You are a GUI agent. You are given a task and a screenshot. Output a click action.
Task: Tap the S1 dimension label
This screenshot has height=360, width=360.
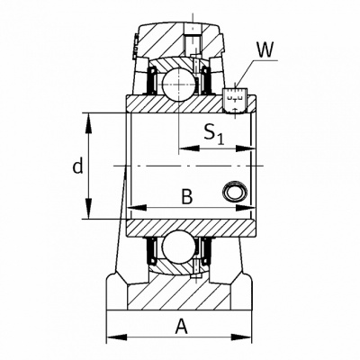213,134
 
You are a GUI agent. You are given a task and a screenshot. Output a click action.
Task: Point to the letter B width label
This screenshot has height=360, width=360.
187,197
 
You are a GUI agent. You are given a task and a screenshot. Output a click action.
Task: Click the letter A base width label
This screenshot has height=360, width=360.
182,327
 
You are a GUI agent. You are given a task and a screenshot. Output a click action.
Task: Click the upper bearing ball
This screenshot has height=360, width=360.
179,85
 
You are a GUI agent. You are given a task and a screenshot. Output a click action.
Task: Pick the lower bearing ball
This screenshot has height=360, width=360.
179,247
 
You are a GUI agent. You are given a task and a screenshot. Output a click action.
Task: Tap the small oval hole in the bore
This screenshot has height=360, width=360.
235,192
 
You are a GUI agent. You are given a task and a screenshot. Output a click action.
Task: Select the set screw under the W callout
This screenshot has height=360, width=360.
235,101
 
